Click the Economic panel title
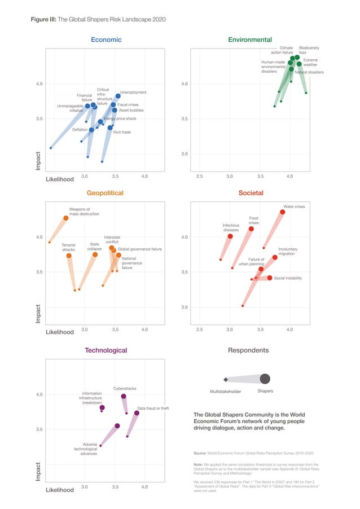(106, 40)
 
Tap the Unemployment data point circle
(118, 96)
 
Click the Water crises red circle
(282, 212)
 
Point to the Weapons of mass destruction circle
(66, 218)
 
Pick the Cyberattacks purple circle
(124, 397)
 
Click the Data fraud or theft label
(153, 408)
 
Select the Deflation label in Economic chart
(80, 130)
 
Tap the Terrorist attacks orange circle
(69, 256)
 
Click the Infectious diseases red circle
(230, 236)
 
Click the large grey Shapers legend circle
(265, 378)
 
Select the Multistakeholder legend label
(226, 391)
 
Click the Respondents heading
(248, 350)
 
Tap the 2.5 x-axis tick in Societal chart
(199, 329)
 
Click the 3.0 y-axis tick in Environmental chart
(184, 154)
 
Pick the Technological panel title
(106, 350)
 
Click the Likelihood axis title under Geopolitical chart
(59, 332)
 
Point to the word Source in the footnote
(200, 453)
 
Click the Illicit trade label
(122, 132)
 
